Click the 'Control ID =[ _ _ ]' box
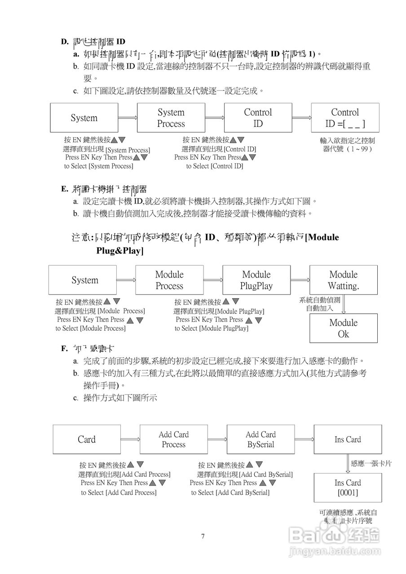point(345,118)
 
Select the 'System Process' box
point(171,118)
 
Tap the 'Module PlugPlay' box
point(256,280)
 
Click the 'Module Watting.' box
point(344,280)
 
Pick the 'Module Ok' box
point(344,328)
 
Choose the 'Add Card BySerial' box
point(260,439)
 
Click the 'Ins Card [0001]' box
point(348,488)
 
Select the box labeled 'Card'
point(87,439)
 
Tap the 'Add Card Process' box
point(174,439)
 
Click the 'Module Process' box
point(169,280)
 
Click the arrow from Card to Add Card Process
point(130,440)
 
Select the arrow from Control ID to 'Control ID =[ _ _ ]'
point(301,118)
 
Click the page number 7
point(203,536)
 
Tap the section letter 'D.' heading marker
point(65,42)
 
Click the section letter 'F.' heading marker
point(65,348)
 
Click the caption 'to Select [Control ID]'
point(215,166)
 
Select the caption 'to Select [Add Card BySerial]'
point(230,492)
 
